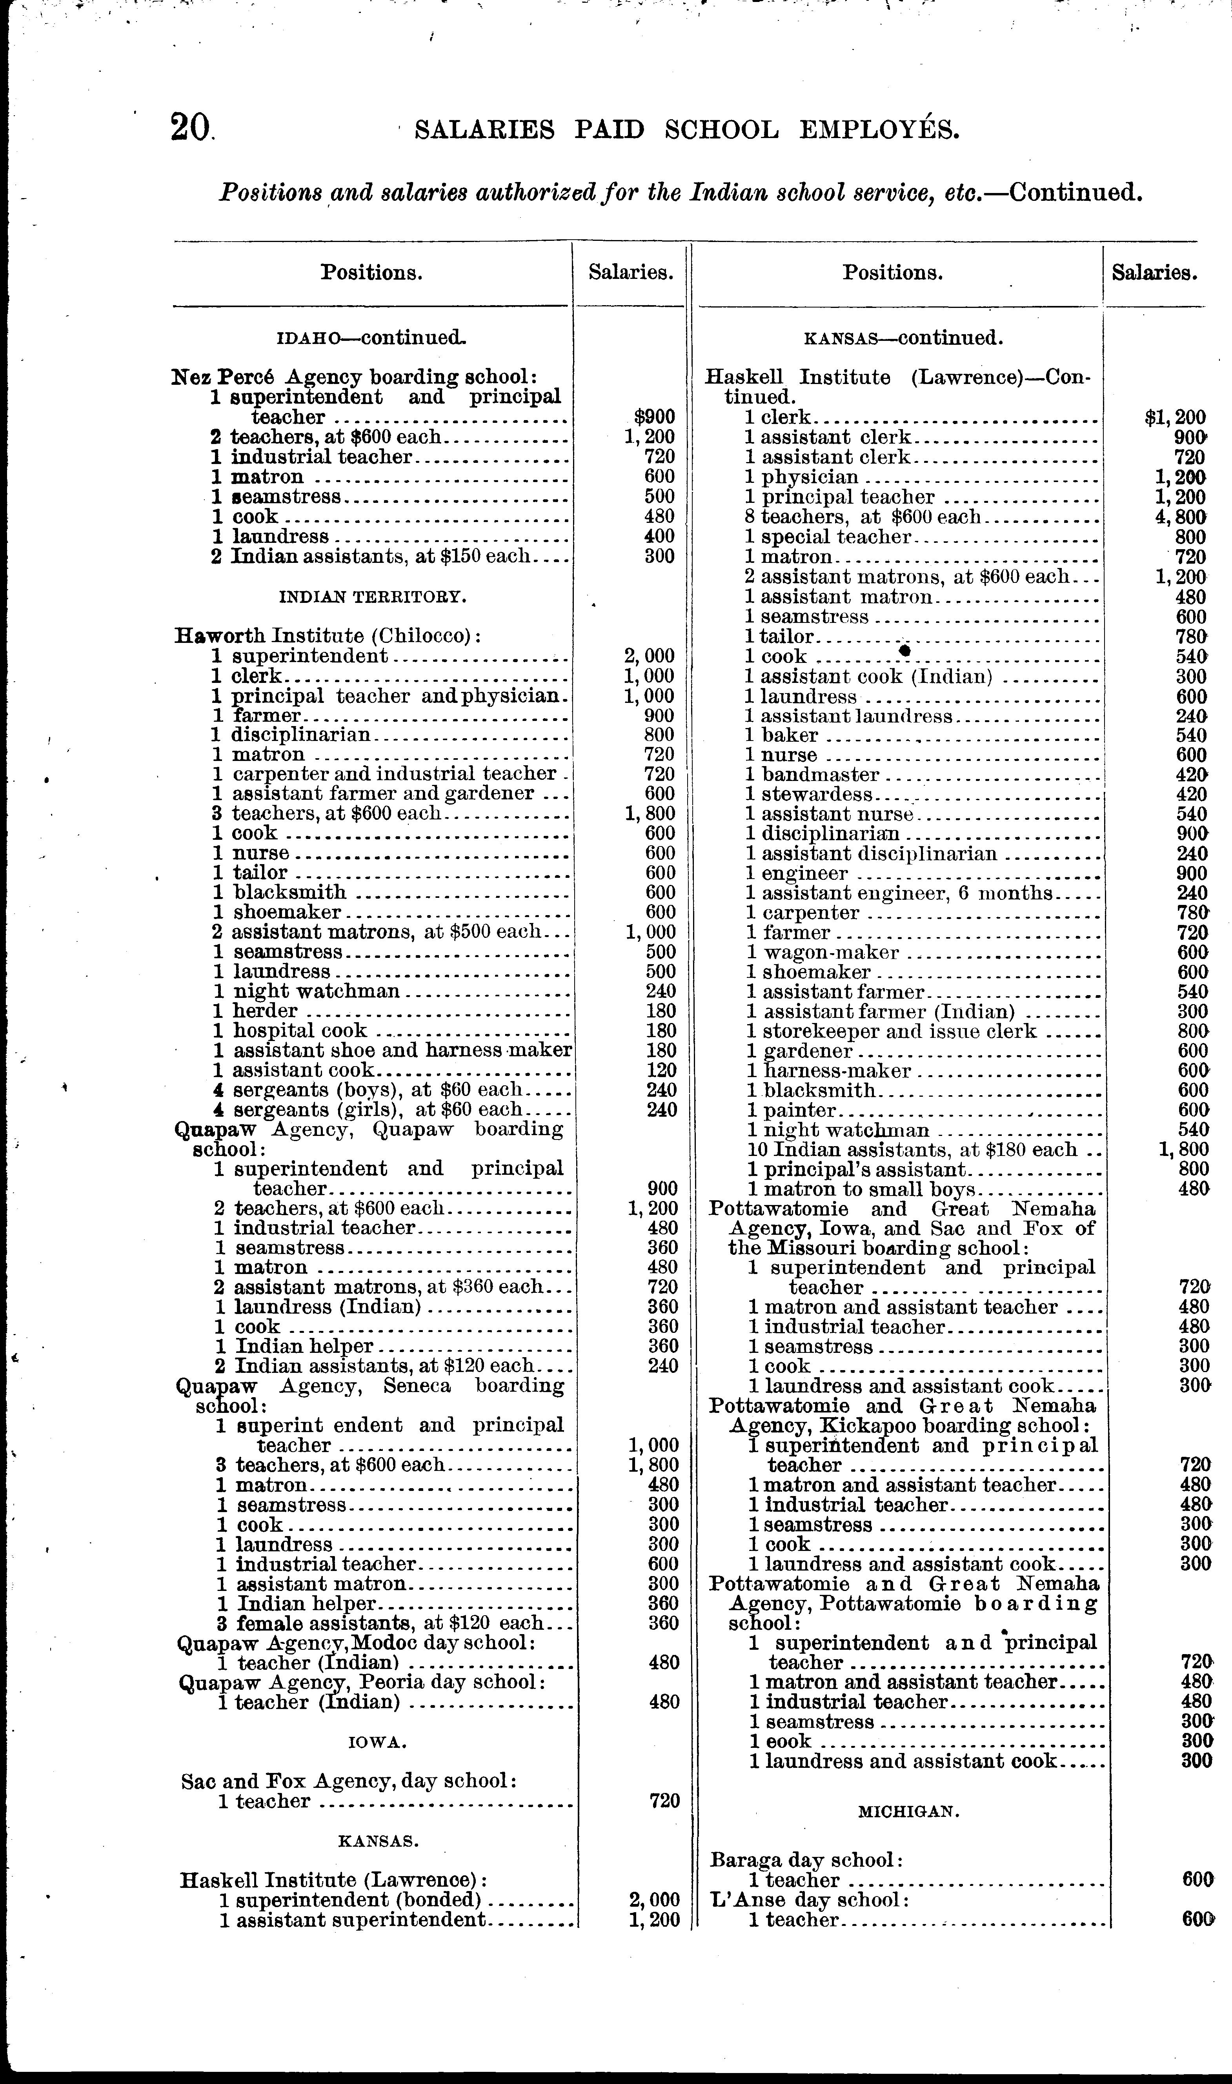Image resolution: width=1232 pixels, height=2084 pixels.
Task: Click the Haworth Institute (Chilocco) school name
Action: pos(328,636)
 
